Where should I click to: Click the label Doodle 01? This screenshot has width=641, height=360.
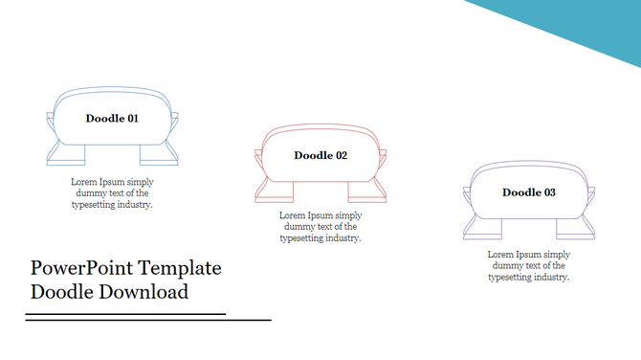(x=112, y=119)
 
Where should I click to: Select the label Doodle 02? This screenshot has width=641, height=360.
(x=320, y=155)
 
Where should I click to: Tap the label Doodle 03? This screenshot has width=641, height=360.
(x=529, y=192)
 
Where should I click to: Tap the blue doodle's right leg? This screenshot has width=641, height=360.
(x=154, y=154)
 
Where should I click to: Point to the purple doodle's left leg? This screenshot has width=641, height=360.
(x=486, y=228)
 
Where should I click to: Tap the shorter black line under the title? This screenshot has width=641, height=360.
(x=124, y=313)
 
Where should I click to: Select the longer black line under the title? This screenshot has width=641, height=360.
(x=148, y=320)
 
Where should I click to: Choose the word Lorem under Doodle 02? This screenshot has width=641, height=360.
(x=293, y=215)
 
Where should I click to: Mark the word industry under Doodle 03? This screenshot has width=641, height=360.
(x=550, y=277)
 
